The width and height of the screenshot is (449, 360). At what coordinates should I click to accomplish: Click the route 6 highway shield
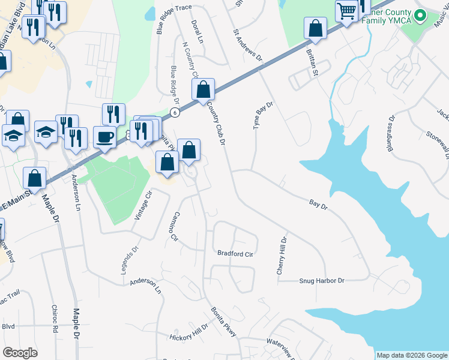pyautogui.click(x=174, y=112)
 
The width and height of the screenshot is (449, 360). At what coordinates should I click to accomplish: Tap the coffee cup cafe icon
pyautogui.click(x=104, y=137)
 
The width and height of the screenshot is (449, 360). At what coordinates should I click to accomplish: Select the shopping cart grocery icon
pyautogui.click(x=346, y=11)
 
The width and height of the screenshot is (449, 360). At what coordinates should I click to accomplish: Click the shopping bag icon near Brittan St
pyautogui.click(x=315, y=28)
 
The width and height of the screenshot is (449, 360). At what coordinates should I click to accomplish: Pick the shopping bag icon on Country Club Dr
pyautogui.click(x=203, y=89)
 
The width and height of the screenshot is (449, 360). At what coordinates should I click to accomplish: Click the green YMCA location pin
pyautogui.click(x=421, y=16)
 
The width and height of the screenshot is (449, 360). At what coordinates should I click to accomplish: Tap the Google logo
pyautogui.click(x=20, y=353)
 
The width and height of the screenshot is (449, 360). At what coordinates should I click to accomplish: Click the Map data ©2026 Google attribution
pyautogui.click(x=411, y=355)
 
